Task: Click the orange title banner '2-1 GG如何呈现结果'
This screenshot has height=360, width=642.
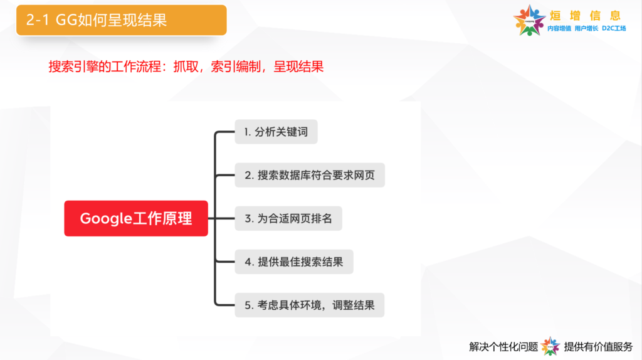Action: (121, 20)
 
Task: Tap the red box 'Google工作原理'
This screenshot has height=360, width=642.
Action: (136, 218)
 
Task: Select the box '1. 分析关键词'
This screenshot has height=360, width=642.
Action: (276, 132)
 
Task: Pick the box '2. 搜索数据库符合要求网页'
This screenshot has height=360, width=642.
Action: (310, 175)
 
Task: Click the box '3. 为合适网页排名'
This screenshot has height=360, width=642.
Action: (288, 219)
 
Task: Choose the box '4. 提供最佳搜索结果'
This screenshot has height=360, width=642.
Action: (294, 262)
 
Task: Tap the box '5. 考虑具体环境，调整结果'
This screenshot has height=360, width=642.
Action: (310, 305)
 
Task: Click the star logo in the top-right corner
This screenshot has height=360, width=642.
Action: (529, 21)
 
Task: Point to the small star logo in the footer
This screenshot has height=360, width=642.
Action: (550, 346)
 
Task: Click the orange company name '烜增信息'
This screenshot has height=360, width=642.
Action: (586, 16)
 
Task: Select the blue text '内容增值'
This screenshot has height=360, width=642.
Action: (559, 28)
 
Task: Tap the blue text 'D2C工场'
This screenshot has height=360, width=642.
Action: (614, 28)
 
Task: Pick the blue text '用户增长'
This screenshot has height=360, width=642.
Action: (586, 28)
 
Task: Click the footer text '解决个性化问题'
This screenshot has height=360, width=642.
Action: (503, 347)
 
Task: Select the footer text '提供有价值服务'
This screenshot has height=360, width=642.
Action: (598, 347)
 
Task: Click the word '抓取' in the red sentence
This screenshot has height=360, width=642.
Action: (186, 66)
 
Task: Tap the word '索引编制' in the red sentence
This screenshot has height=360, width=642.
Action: (236, 66)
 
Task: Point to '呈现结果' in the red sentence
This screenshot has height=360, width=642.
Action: (298, 66)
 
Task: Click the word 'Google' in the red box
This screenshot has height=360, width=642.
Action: (105, 219)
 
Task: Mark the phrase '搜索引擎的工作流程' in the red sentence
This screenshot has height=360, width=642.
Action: (105, 66)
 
